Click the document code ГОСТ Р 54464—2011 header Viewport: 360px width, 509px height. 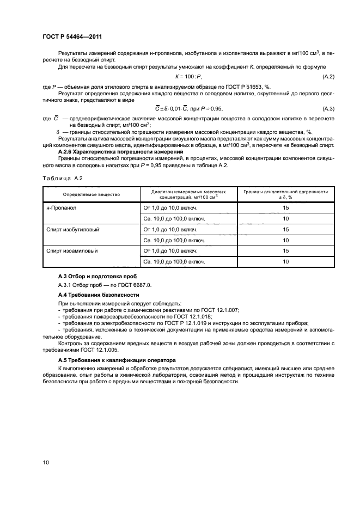click(x=72, y=37)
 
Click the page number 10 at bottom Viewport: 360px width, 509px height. click(x=46, y=462)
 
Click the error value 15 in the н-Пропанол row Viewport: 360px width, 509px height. click(x=285, y=207)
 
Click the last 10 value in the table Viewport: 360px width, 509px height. click(x=285, y=261)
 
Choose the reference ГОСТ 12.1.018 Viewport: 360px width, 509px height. click(x=178, y=316)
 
